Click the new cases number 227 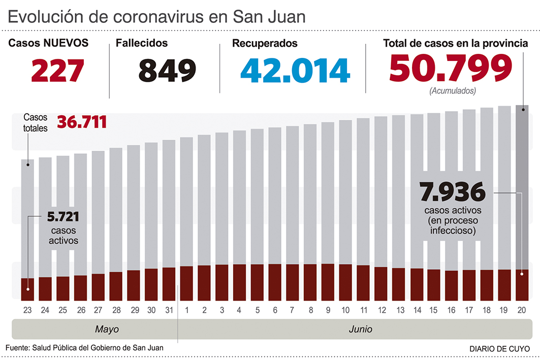[x=57, y=70]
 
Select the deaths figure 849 [x=167, y=70]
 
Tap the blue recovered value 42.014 [x=295, y=70]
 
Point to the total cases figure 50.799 [x=451, y=68]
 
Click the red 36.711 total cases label [x=82, y=122]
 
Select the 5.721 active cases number [x=63, y=217]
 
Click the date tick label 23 [x=27, y=310]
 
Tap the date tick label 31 [x=169, y=310]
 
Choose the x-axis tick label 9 [x=328, y=310]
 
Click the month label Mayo [x=107, y=329]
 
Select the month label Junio [x=360, y=329]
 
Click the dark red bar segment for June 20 [x=522, y=285]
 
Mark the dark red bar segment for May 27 [x=98, y=287]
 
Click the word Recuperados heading [x=265, y=44]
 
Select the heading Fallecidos [x=142, y=44]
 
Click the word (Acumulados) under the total [x=452, y=91]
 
